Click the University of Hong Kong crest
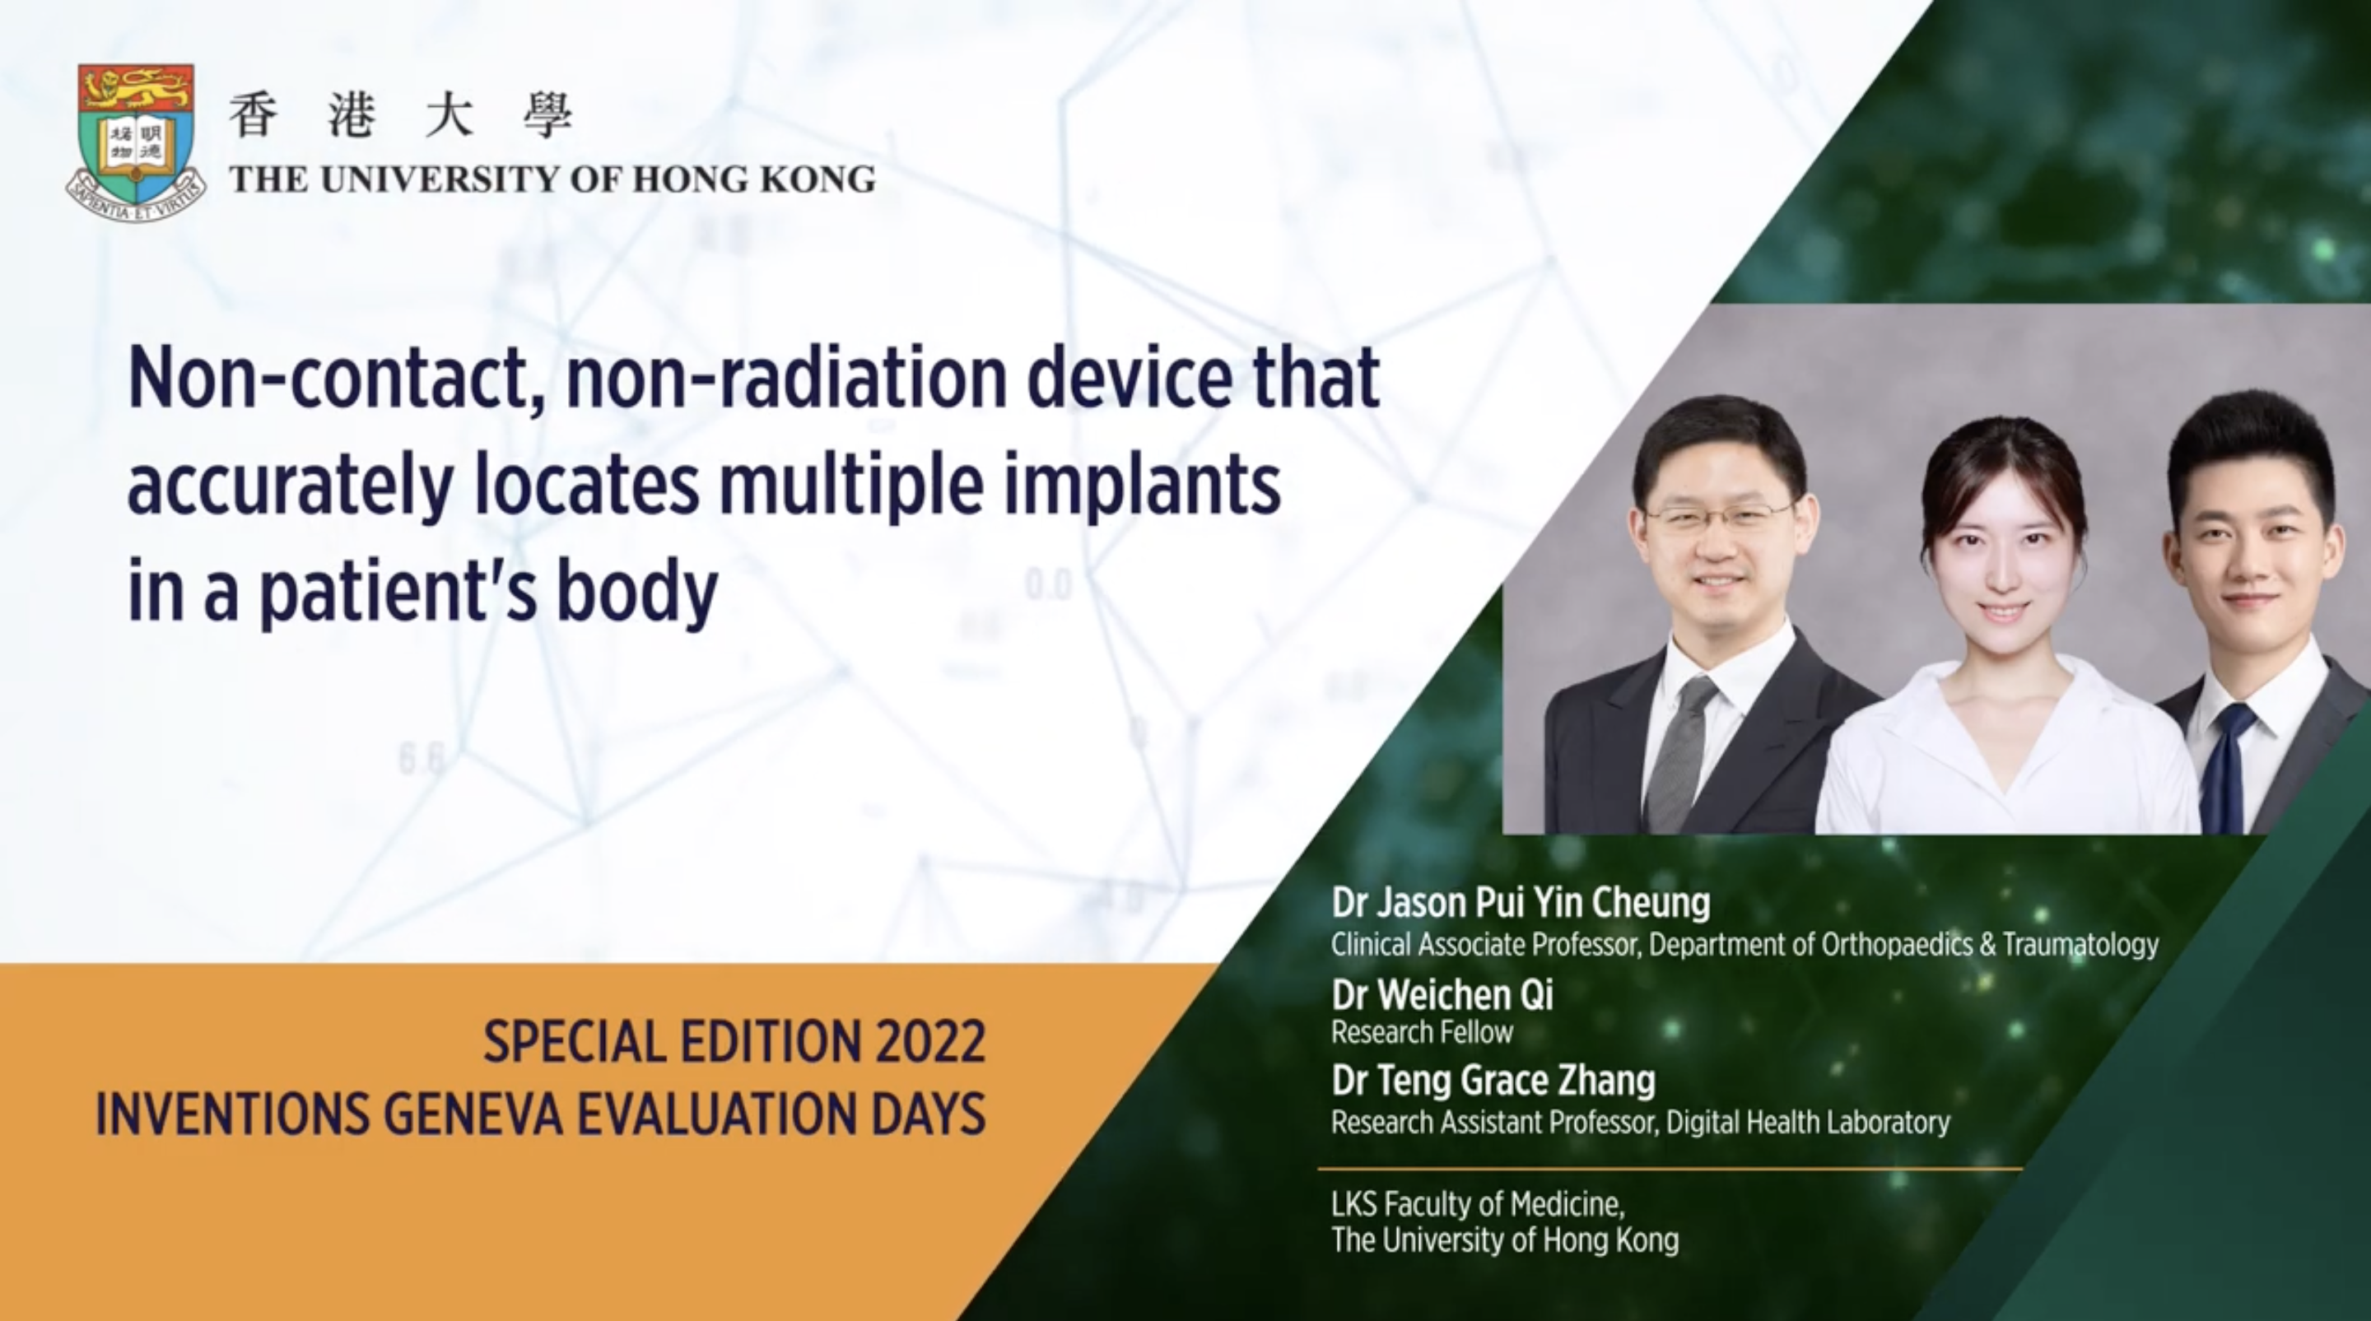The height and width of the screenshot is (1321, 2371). [135, 142]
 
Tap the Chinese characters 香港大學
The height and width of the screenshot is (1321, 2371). [400, 117]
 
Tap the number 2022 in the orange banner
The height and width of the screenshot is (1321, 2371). [929, 1043]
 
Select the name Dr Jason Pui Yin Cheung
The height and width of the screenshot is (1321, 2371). [1521, 904]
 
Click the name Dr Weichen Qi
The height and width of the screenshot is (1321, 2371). [1442, 994]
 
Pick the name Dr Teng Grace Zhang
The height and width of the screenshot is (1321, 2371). [1493, 1081]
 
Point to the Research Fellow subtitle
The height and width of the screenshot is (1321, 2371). [1422, 1032]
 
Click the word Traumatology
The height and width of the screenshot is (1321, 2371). [2080, 945]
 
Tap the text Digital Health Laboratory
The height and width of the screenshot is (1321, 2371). [1808, 1123]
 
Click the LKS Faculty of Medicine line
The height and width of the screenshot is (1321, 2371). [1479, 1204]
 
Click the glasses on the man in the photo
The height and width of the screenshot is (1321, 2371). [1719, 517]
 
